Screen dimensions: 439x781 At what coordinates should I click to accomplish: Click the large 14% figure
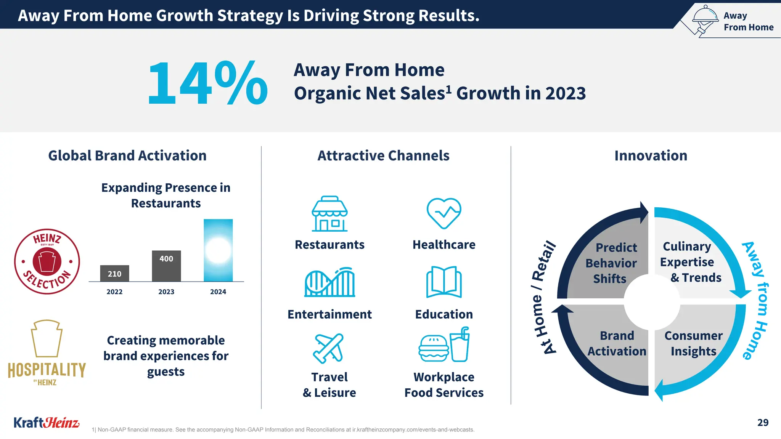(x=208, y=83)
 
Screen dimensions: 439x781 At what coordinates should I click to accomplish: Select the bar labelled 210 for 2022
(x=114, y=273)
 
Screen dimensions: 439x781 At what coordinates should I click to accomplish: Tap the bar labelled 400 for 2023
(x=166, y=266)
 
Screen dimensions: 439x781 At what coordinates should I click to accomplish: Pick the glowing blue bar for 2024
(x=218, y=250)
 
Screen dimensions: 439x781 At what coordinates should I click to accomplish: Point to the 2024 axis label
(x=218, y=292)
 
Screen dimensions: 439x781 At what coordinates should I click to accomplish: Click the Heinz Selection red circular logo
(x=47, y=261)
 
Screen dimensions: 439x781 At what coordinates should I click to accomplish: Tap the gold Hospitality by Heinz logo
(x=47, y=352)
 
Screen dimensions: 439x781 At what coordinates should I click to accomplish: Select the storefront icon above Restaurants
(x=329, y=214)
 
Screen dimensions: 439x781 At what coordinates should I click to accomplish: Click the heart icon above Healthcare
(x=444, y=213)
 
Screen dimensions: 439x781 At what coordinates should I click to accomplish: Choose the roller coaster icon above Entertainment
(x=329, y=282)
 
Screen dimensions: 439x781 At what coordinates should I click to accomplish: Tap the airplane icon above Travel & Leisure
(x=328, y=348)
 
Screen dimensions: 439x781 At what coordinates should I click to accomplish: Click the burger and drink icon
(x=444, y=345)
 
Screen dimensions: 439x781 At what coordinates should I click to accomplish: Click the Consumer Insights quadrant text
(x=693, y=343)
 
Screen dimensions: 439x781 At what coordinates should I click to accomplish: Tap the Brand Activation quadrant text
(x=617, y=343)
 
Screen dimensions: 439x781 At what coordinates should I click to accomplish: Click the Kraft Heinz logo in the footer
(x=47, y=423)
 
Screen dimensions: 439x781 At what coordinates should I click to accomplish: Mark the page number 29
(x=763, y=423)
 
